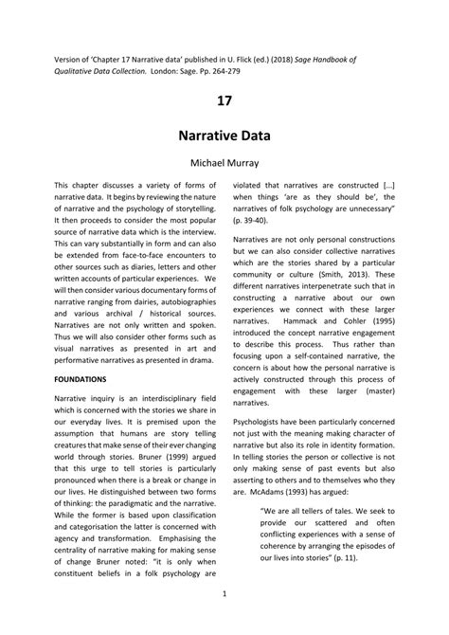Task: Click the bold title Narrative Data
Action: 224,136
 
